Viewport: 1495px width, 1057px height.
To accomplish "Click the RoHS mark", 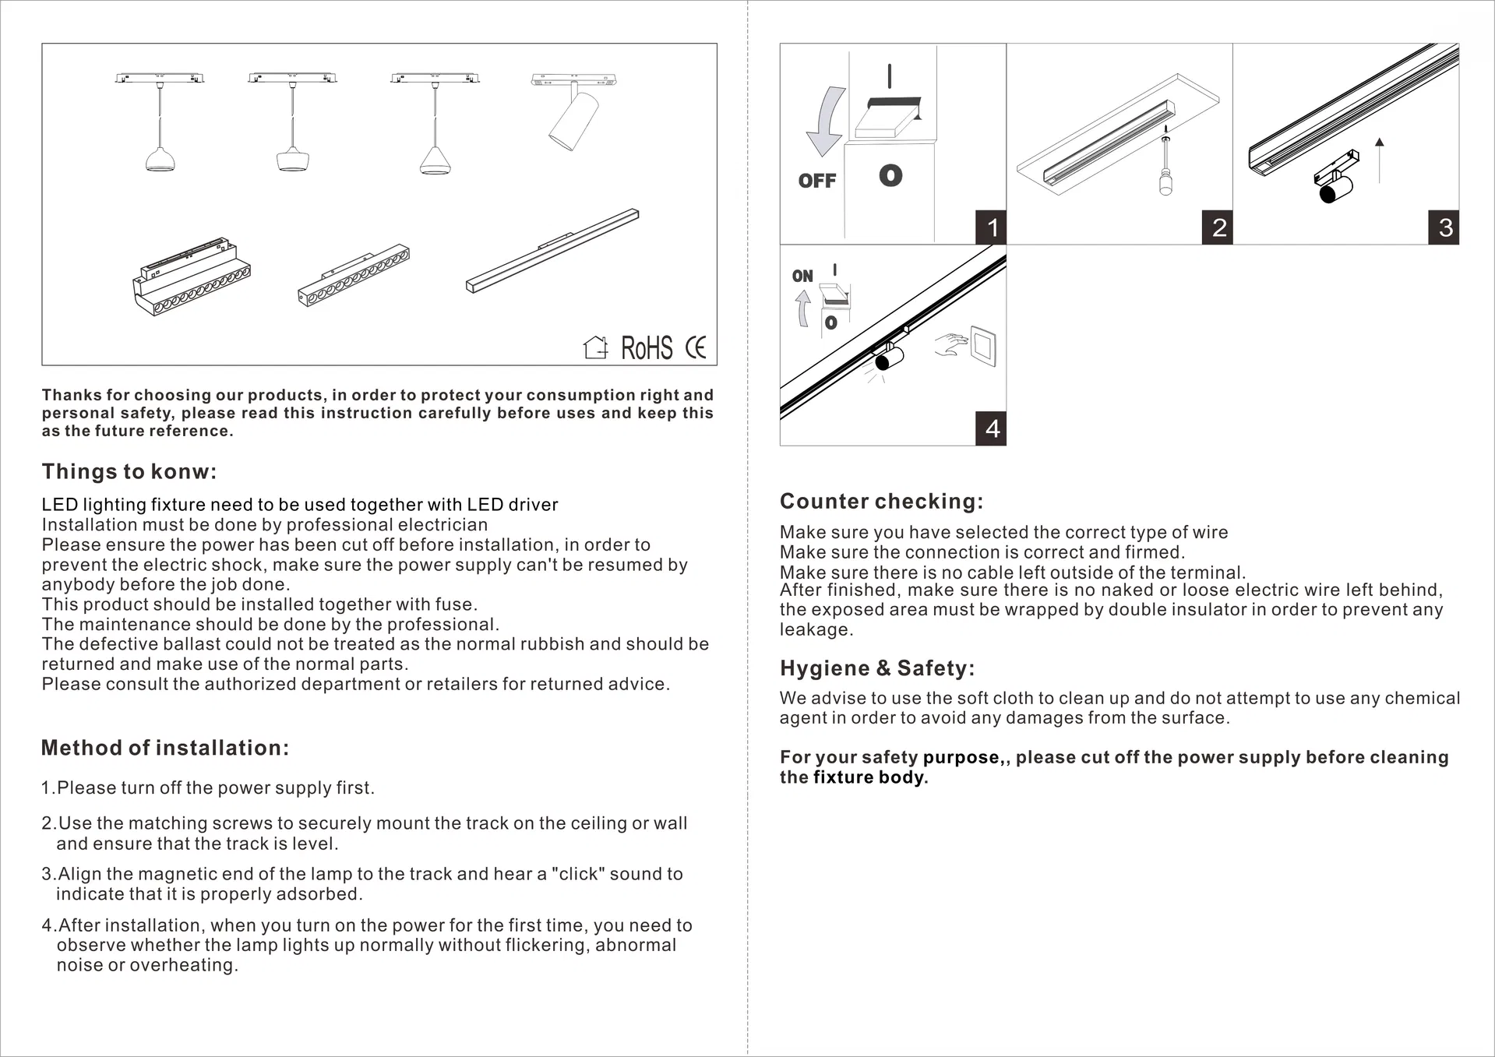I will tap(647, 348).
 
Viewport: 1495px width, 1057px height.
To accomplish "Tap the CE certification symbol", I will tap(696, 347).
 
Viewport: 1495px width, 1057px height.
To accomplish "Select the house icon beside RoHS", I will tap(596, 347).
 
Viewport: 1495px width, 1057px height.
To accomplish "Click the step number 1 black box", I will tap(991, 227).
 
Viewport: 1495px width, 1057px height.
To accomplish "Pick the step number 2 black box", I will tap(1218, 227).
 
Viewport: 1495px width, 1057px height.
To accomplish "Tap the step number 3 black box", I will tap(1444, 227).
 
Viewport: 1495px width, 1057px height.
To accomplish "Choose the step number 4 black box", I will tap(991, 428).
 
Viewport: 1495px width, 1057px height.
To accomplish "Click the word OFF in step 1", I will tap(816, 181).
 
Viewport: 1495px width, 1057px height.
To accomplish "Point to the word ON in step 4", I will tap(802, 276).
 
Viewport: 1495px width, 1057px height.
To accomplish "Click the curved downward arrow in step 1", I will tap(827, 121).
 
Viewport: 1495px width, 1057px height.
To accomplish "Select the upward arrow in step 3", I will tap(1379, 160).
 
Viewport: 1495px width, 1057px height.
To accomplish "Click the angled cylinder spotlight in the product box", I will tap(574, 121).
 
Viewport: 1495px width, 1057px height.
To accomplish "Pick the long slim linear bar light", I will tap(552, 250).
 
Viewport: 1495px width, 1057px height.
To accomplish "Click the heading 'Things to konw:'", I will tap(129, 472).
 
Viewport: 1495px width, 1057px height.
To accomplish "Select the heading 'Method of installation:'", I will tap(165, 748).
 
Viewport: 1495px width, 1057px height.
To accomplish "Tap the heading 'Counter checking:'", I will tap(881, 502).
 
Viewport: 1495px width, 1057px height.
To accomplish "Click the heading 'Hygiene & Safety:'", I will tap(877, 668).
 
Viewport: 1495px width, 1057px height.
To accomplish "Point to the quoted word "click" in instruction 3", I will tap(577, 874).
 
